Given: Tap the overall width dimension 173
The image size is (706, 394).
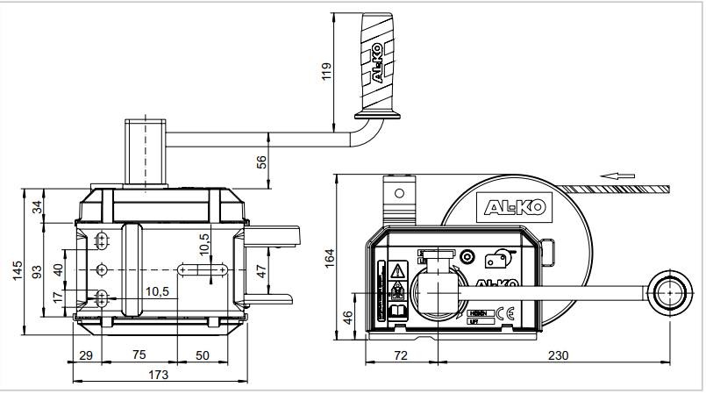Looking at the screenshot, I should coord(158,374).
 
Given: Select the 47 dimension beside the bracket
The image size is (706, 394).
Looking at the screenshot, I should coord(260,270).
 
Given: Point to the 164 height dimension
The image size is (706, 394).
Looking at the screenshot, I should coord(330,258).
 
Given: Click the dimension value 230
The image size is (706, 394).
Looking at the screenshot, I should coord(558,355).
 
